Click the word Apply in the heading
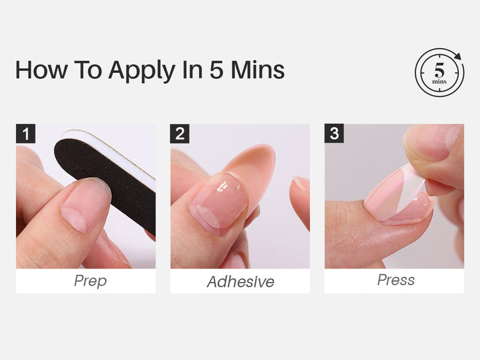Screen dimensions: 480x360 [x=141, y=70]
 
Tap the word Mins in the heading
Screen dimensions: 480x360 [x=257, y=70]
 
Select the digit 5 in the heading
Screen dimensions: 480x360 [x=217, y=70]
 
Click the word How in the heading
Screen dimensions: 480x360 [x=42, y=70]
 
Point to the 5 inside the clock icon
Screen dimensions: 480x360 [x=439, y=70]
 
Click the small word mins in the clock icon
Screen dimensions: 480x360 [x=439, y=82]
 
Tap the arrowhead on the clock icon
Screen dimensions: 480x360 [x=458, y=56]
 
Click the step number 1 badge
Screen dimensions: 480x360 [x=26, y=134]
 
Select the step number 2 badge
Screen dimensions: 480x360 [x=180, y=134]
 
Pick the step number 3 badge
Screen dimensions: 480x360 [x=334, y=134]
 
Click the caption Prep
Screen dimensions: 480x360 [x=90, y=281]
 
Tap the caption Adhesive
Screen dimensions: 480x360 [x=241, y=282]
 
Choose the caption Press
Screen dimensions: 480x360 [x=396, y=280]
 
